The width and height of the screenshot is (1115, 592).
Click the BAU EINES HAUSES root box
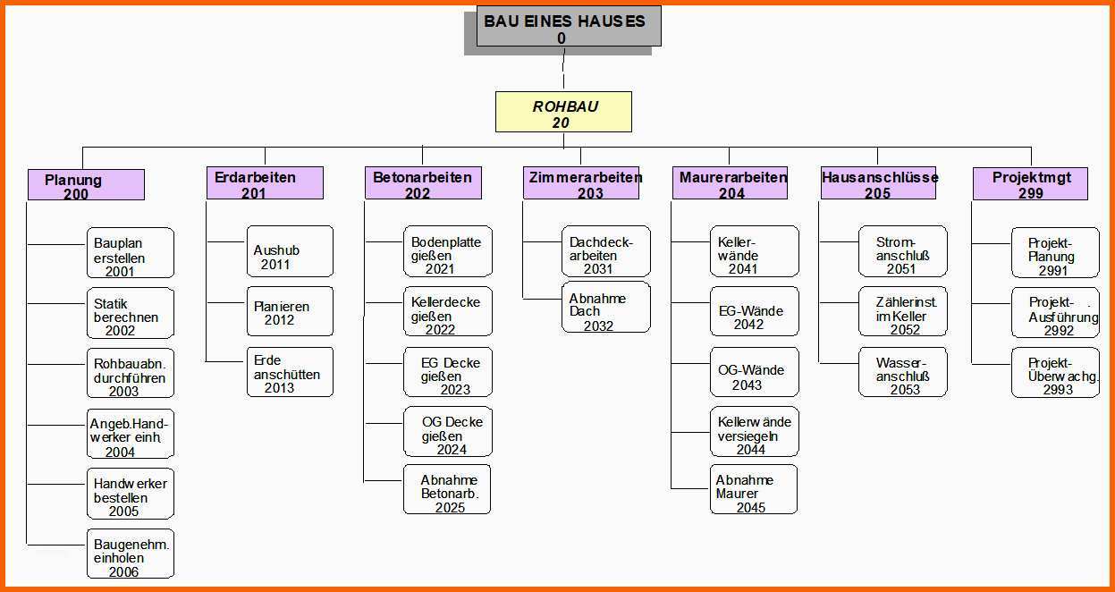(569, 27)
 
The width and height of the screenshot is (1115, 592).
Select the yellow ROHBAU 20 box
(563, 112)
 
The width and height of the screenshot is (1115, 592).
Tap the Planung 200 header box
(86, 185)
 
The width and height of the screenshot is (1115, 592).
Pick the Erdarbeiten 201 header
(265, 182)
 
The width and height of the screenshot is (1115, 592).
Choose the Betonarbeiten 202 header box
(423, 182)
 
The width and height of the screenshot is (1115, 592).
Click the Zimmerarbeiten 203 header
(581, 182)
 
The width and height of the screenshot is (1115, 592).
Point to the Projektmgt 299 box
(1030, 183)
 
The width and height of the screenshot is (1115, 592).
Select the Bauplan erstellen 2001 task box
(131, 253)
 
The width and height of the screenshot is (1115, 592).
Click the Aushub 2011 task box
(291, 251)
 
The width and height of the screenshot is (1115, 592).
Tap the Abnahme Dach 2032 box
(605, 308)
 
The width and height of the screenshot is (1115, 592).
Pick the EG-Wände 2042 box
(755, 311)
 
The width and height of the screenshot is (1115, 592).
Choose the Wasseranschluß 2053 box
(903, 372)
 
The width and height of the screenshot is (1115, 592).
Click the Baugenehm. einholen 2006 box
(131, 554)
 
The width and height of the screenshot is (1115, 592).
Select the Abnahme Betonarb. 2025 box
(447, 489)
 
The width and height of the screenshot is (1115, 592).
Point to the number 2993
(1058, 389)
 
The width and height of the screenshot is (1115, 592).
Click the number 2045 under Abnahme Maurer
(750, 507)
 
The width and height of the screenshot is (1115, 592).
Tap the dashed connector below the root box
(563, 69)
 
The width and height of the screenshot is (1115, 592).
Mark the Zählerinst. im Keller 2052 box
(903, 311)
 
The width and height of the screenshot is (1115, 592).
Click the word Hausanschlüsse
(880, 177)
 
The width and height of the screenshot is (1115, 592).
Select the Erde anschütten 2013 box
(291, 372)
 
